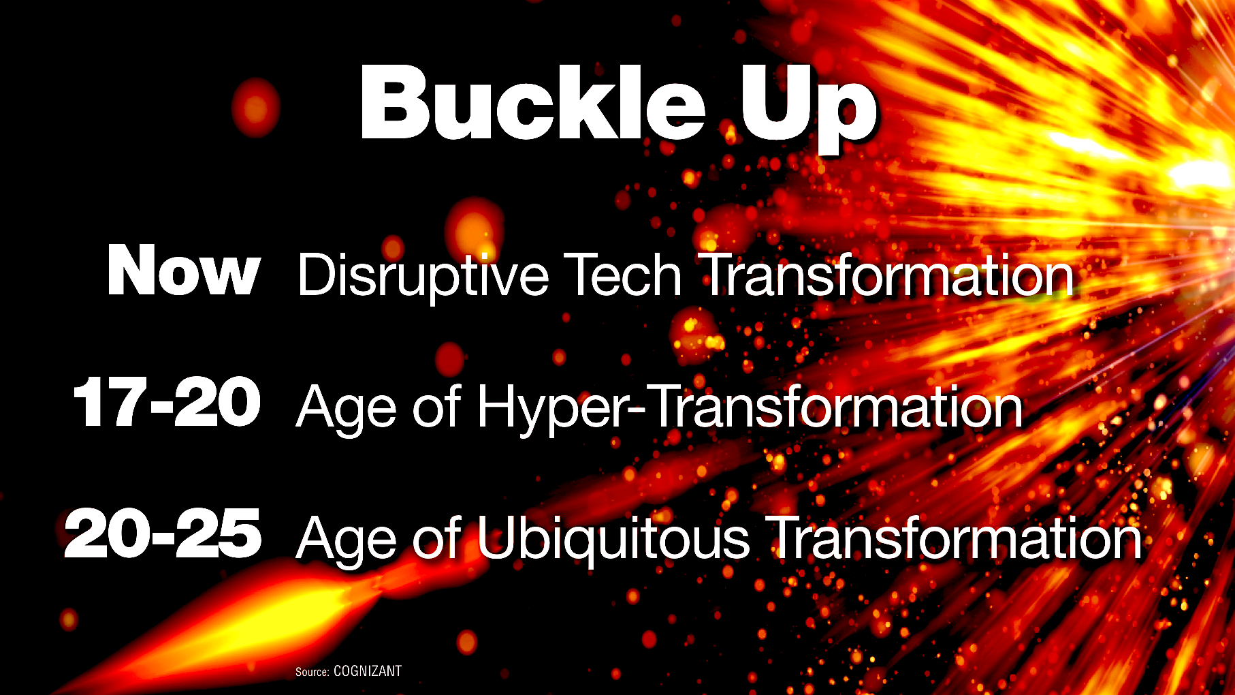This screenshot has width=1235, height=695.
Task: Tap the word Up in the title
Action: pos(808,110)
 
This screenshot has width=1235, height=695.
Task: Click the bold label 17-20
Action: pos(167,402)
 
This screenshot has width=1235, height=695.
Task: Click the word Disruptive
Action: pos(423,275)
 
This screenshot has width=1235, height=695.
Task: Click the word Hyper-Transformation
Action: pos(750,407)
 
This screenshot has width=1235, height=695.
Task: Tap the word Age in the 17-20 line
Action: pos(346,407)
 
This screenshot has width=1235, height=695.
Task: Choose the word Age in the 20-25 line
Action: pos(346,538)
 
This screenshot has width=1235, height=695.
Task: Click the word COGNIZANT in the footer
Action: pos(368,671)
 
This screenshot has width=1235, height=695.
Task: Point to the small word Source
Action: pos(312,672)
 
